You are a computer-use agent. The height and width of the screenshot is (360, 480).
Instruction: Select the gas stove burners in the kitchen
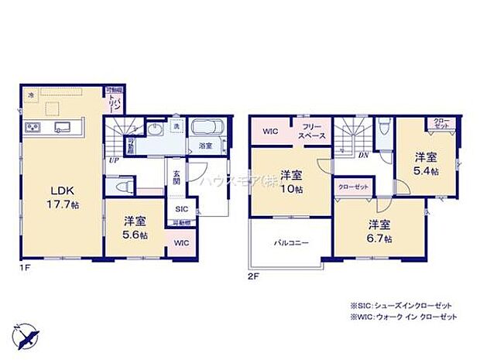(33, 128)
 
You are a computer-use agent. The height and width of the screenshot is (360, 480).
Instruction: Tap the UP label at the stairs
(114, 160)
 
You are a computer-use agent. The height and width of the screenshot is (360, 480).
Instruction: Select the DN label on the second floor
(363, 154)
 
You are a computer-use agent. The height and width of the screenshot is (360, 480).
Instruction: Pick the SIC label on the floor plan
(180, 209)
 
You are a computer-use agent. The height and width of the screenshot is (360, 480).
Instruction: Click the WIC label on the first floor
(180, 242)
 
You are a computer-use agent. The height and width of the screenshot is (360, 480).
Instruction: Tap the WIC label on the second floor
(271, 131)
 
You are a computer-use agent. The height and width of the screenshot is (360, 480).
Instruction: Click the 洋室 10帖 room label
(291, 180)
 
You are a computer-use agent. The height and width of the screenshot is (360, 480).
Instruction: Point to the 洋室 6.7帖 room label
(379, 229)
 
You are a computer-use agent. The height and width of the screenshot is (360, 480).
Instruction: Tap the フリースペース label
(314, 132)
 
